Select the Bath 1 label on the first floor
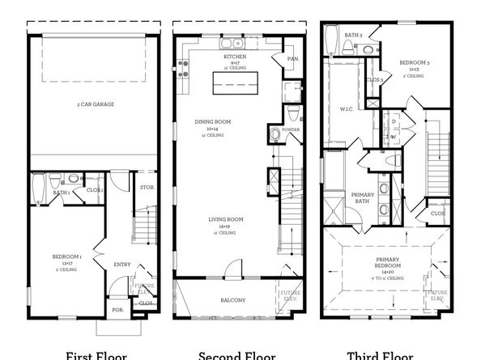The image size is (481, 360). (60, 193)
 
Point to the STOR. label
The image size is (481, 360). (147, 188)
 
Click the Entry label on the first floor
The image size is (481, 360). (122, 264)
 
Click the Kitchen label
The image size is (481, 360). (235, 57)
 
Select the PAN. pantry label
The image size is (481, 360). (292, 57)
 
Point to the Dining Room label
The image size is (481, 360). (212, 122)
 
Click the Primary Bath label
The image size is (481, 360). (362, 198)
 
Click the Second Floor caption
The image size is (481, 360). (236, 355)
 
